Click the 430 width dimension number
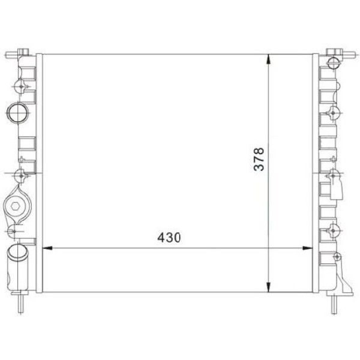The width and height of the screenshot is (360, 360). point(169,238)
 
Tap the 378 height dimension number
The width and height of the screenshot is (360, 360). point(259,159)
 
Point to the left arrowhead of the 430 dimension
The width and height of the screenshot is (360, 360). point(47,248)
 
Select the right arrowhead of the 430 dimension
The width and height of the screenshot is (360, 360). point(308,248)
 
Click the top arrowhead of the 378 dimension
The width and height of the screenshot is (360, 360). point(268,59)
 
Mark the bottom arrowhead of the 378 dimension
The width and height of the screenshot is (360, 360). point(268,287)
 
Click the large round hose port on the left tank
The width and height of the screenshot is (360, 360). point(18,113)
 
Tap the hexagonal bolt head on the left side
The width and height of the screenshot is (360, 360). point(15,206)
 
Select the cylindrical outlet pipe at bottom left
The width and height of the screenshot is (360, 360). point(17,268)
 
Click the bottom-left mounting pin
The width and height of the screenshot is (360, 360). point(20,304)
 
